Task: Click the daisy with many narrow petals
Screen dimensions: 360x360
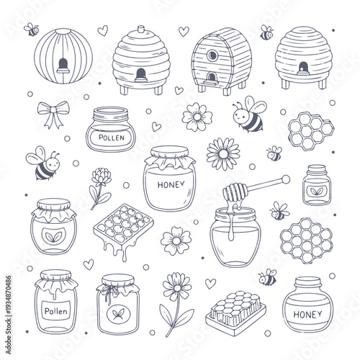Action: click(222, 153)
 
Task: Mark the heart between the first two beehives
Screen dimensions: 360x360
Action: click(102, 30)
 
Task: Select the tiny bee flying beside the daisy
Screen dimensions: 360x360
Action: click(274, 153)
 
